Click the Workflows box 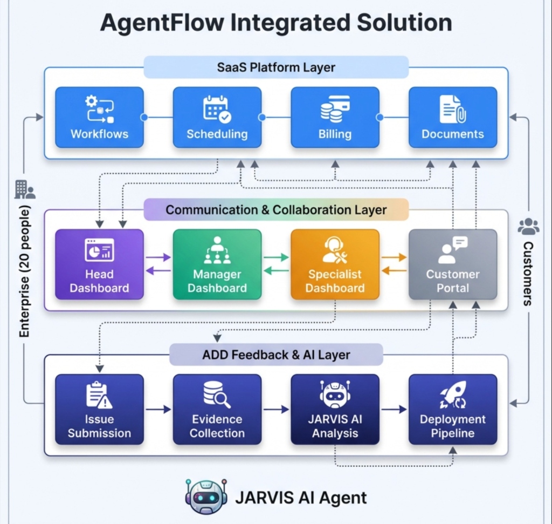click(99, 117)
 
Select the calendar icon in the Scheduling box click(217, 108)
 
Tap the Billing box click(335, 117)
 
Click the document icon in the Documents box click(452, 108)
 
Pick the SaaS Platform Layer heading click(276, 67)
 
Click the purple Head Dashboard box click(99, 264)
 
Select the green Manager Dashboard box click(217, 264)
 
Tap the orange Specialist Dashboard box click(335, 264)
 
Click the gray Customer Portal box click(452, 264)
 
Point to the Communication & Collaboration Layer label click(276, 210)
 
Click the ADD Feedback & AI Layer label click(276, 355)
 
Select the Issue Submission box click(99, 409)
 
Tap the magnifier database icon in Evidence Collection click(217, 395)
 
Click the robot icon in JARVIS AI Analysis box click(335, 395)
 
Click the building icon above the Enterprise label click(24, 189)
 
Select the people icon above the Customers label click(528, 227)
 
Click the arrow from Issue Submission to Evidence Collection click(158, 410)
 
